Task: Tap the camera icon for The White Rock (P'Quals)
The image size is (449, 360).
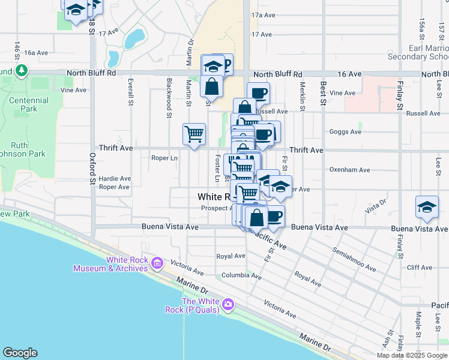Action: (228, 305)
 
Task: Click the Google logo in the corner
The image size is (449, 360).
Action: (20, 353)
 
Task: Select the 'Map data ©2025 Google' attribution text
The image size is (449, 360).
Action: (412, 355)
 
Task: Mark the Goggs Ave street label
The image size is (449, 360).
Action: (345, 131)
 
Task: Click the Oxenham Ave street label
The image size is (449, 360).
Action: (349, 170)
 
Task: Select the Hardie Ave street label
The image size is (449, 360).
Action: (115, 178)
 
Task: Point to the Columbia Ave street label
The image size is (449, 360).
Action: (241, 277)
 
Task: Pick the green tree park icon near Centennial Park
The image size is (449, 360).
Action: (22, 71)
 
